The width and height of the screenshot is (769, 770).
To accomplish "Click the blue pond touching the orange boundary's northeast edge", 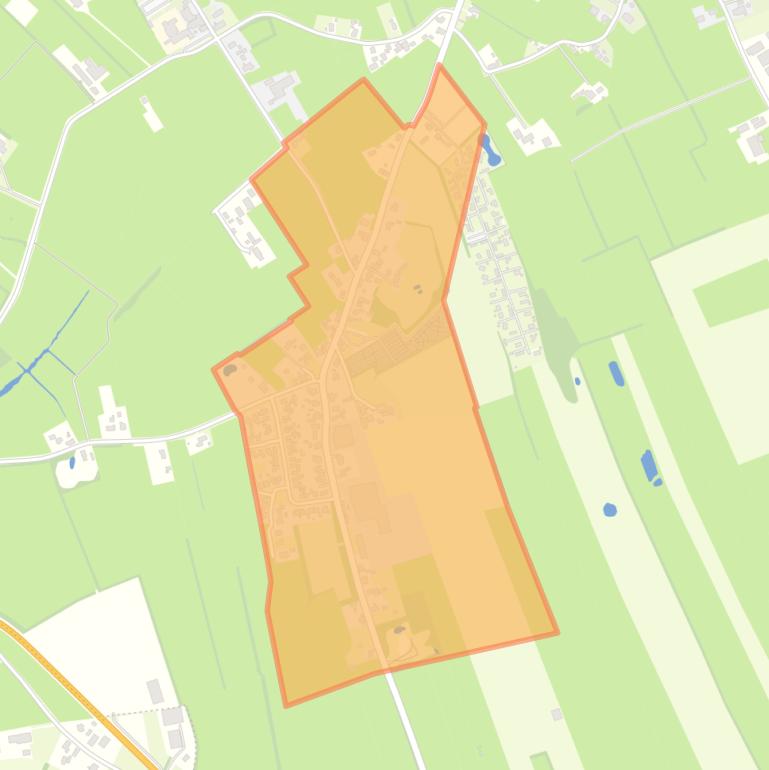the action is pos(490,152).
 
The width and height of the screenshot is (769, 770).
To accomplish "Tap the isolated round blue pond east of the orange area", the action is pos(610,510).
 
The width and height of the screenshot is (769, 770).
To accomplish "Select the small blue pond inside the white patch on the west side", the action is pos(72,463).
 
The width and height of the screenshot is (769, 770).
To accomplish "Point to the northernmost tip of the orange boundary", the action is pos(439,65).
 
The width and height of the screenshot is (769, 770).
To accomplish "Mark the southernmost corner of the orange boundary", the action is pos(287,705).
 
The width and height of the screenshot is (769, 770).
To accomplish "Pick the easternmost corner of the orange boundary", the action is pos(557,632).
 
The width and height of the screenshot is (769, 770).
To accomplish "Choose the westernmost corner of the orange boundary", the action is pos(214,369).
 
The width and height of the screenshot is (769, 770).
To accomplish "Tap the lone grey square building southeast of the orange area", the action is pos(556,714).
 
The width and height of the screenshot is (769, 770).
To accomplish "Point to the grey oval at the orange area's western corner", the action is pos(230,370).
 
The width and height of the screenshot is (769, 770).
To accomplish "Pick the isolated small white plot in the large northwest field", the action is pos(152,118).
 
